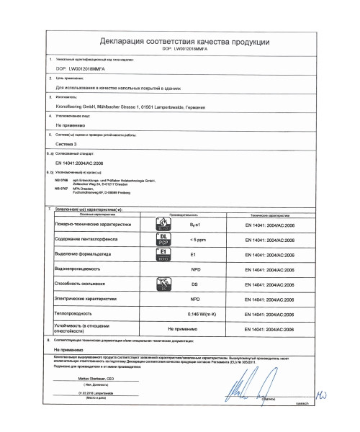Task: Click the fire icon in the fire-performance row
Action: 163,225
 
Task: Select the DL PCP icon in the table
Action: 163,239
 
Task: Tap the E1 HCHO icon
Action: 163,254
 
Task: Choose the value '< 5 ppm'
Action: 194,239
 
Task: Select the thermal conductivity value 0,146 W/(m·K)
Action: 194,315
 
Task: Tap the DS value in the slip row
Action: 194,285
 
